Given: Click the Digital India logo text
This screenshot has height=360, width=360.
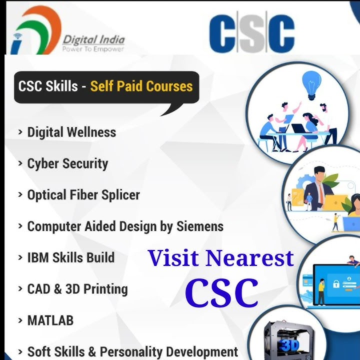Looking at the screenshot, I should (x=93, y=39).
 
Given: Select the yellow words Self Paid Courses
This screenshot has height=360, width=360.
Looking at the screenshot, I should (x=141, y=86).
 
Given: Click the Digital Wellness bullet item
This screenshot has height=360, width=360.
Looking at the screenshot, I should (x=71, y=132).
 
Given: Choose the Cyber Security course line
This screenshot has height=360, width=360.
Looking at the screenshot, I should (x=67, y=163).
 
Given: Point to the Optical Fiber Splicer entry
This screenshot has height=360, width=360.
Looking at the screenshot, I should (x=83, y=194).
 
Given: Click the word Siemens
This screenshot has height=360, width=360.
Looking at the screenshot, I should (x=199, y=226).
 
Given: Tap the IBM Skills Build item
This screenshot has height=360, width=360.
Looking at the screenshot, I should (x=70, y=257).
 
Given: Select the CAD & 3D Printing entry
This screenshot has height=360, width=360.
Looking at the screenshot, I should (x=77, y=289).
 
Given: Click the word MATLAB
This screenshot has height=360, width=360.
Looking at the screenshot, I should (x=50, y=320).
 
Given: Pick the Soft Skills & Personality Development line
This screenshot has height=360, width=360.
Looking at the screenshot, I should (x=132, y=351).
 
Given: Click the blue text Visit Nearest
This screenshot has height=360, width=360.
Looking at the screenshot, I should (x=220, y=258).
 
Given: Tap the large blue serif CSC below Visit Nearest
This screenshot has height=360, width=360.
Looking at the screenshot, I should (x=221, y=292).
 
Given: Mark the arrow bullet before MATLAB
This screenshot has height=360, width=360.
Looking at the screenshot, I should (x=20, y=320).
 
